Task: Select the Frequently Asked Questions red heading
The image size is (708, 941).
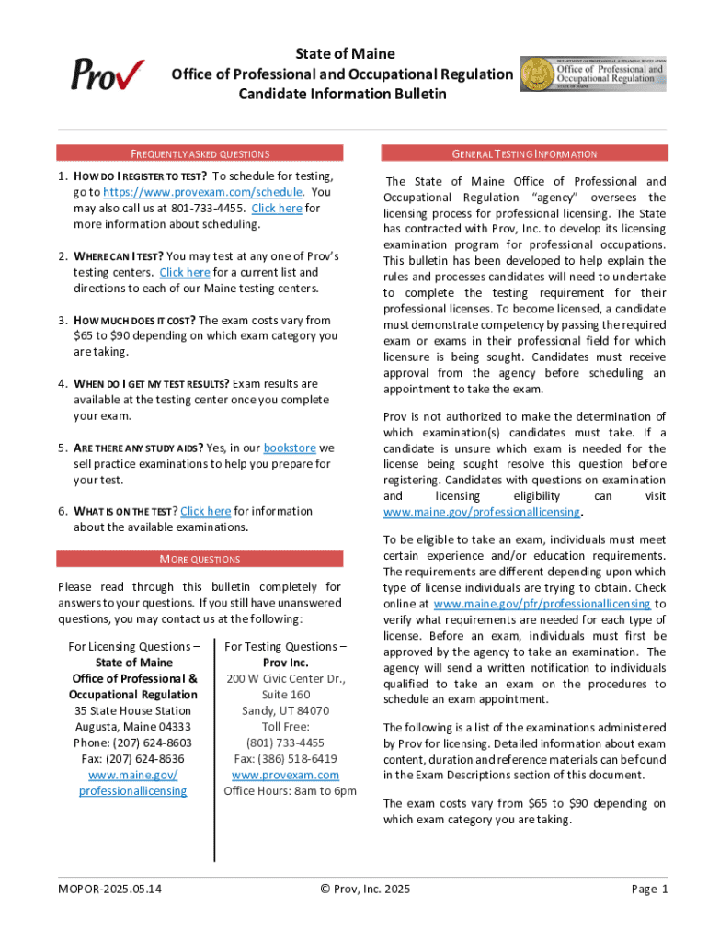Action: coord(200,153)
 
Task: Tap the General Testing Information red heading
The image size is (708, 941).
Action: coord(524,153)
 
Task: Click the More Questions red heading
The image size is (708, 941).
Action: coord(200,559)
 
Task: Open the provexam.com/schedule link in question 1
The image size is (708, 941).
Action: coord(202,192)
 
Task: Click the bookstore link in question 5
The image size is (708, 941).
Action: coord(290,448)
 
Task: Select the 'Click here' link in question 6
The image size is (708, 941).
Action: coord(205,511)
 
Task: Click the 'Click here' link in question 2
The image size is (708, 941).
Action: coord(185,272)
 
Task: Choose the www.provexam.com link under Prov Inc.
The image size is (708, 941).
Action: coord(285,775)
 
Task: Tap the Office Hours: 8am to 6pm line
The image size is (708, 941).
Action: coord(290,791)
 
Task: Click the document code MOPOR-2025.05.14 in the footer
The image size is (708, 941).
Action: coord(109,889)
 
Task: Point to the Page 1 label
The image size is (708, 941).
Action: coord(649,889)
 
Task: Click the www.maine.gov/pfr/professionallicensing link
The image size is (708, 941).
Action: coord(542,604)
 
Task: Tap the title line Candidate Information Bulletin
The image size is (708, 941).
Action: coord(342,94)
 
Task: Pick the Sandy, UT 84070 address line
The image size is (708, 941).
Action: coord(285,710)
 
